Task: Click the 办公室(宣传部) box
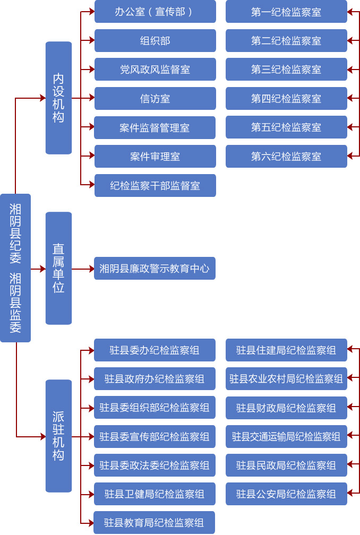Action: (x=155, y=12)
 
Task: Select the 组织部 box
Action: (x=155, y=41)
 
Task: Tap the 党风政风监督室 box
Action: (x=155, y=70)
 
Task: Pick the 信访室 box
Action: (x=155, y=99)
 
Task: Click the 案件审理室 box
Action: (x=155, y=157)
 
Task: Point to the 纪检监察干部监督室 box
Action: (x=155, y=186)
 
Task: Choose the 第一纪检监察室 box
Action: (x=286, y=12)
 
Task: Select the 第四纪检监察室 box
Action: (x=286, y=99)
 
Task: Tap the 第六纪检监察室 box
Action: (x=286, y=157)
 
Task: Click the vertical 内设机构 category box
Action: (x=58, y=98)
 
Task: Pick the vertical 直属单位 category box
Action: (x=58, y=268)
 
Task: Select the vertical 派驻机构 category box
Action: (x=58, y=436)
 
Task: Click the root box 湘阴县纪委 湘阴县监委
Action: (x=15, y=267)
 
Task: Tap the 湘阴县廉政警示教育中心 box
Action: (x=155, y=269)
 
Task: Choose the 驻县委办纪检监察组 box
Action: (x=155, y=350)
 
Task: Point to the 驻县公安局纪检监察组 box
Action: (x=286, y=494)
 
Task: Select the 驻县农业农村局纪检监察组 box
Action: (x=286, y=379)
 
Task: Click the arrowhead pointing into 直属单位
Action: (x=43, y=269)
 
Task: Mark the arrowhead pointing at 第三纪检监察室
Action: (x=350, y=69)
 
